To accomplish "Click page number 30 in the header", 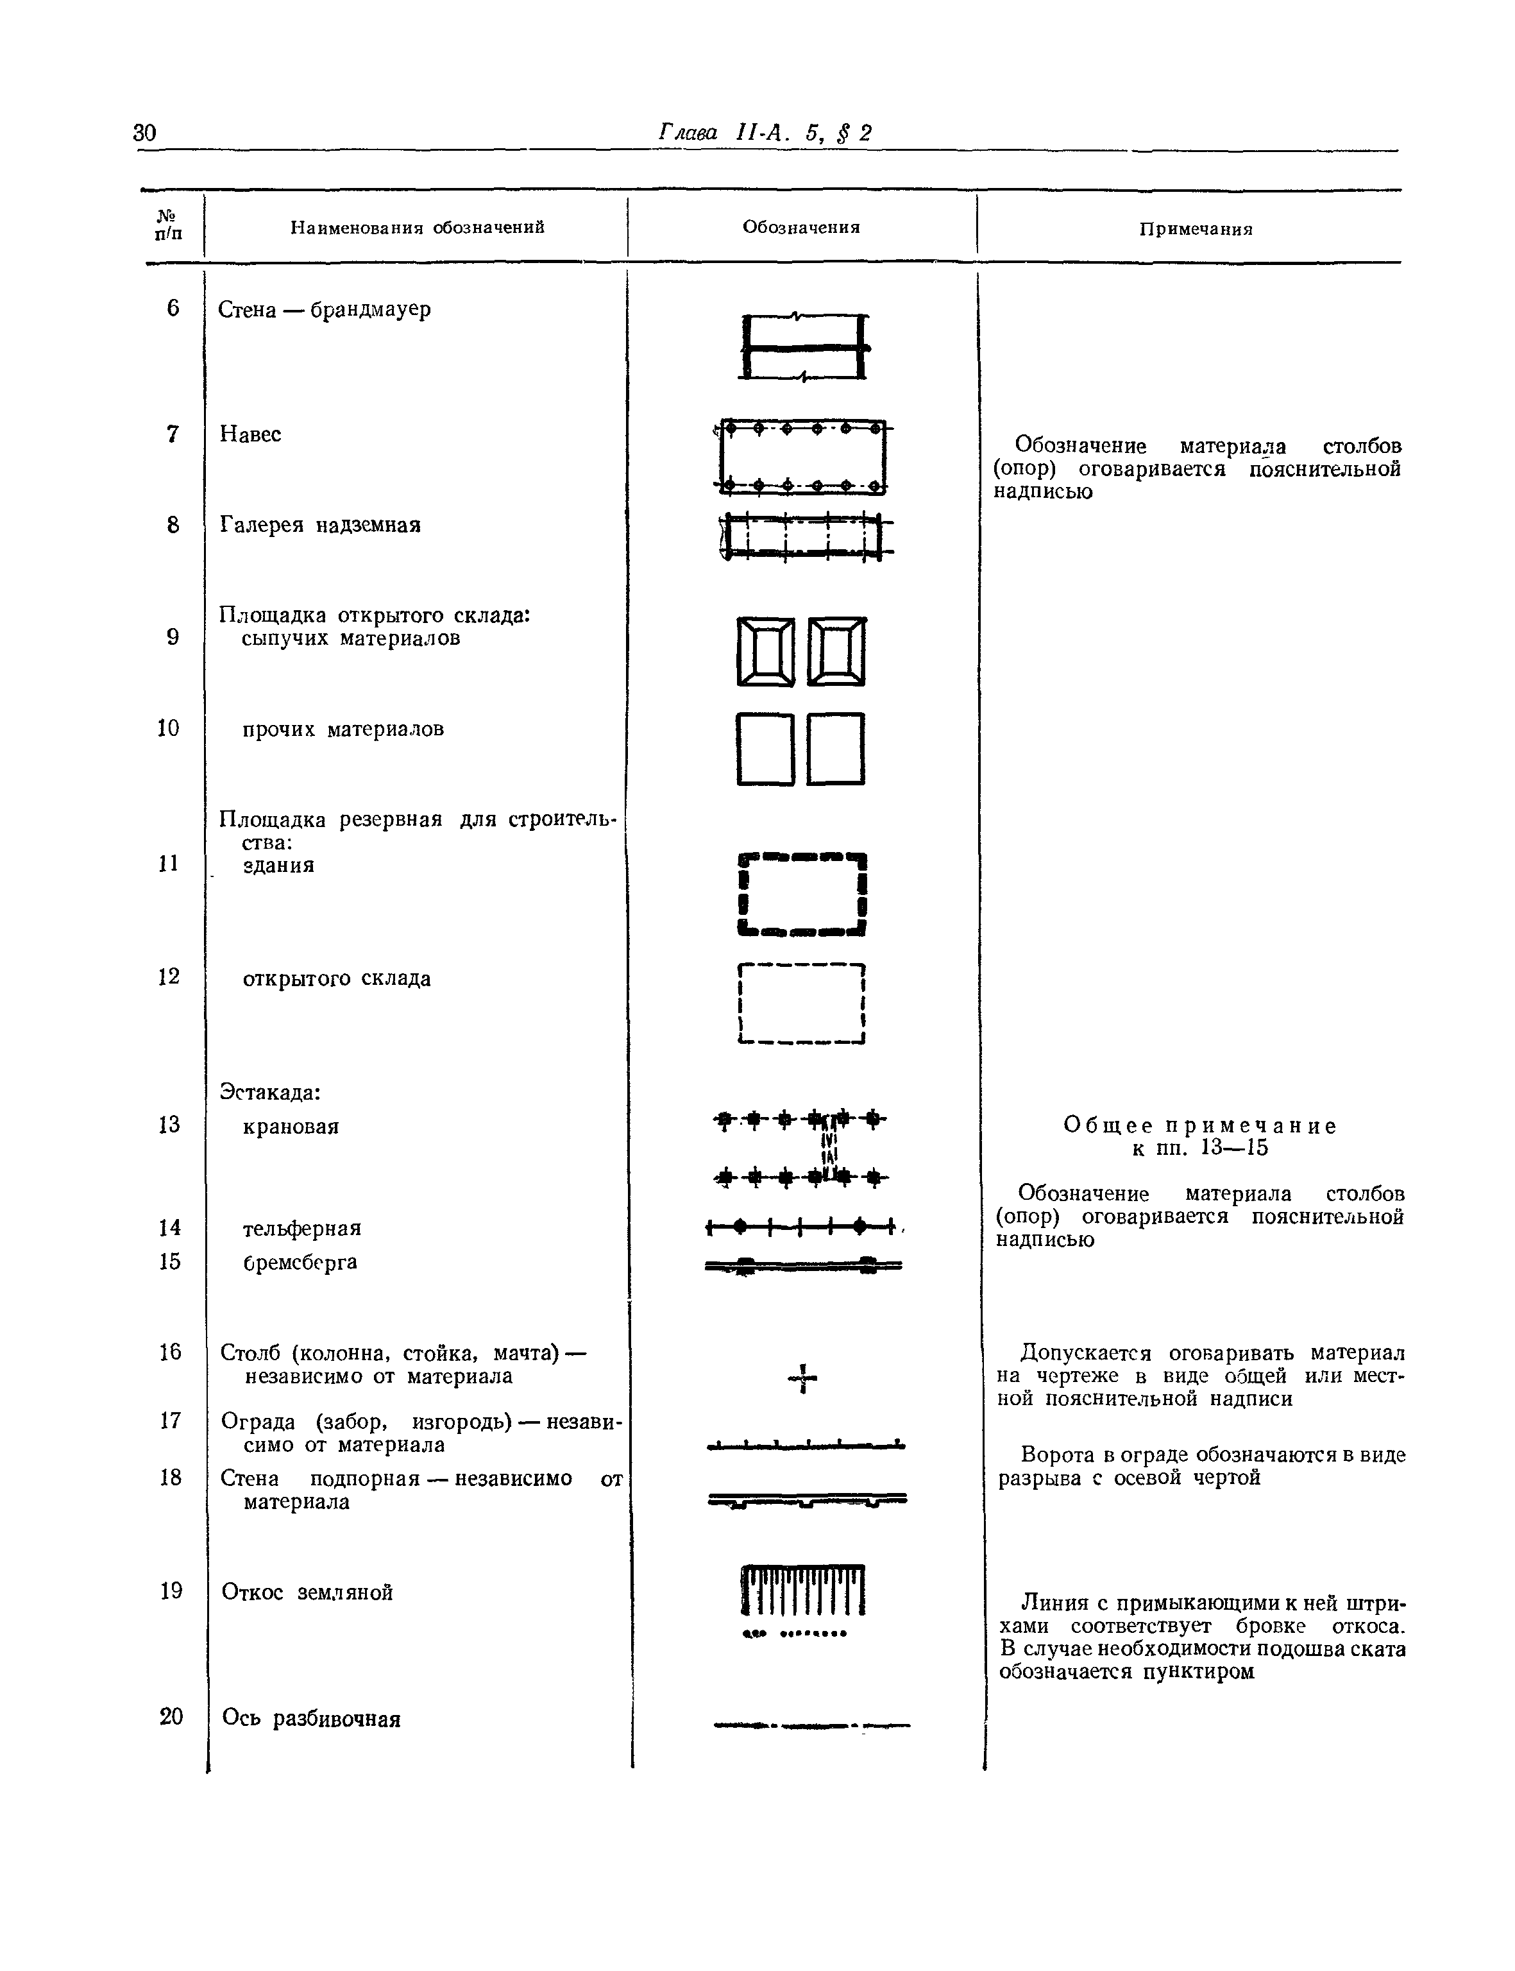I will (x=144, y=133).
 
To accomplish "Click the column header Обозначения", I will (x=800, y=227).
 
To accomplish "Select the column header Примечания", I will (x=1196, y=229).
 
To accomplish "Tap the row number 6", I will (x=173, y=309).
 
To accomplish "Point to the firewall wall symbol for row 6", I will (x=804, y=347).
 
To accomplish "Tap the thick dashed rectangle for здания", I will (x=802, y=894).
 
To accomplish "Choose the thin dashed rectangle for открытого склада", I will (x=802, y=1003).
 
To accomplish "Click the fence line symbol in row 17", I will (x=806, y=1447).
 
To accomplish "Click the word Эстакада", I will (x=269, y=1093).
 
